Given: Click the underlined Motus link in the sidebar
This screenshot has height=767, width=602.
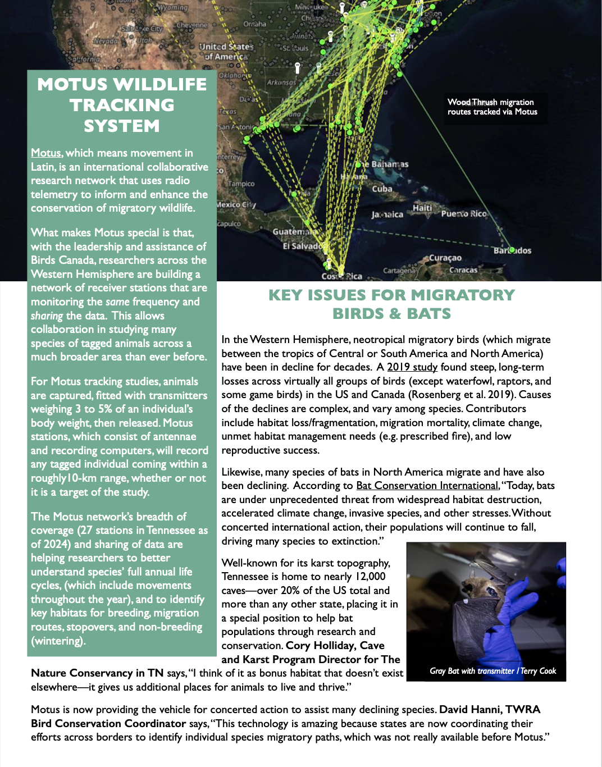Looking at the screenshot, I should click(46, 153).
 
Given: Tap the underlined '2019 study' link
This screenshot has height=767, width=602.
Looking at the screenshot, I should click(412, 367).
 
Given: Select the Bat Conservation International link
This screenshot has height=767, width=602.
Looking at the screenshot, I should click(427, 486).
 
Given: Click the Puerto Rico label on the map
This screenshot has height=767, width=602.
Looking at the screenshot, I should click(464, 214).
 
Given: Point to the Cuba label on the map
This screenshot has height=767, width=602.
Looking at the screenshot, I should click(382, 189).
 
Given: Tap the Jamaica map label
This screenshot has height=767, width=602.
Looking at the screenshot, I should click(387, 214).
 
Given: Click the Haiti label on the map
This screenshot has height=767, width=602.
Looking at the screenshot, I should click(422, 208).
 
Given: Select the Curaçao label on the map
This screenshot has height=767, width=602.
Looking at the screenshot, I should click(445, 258).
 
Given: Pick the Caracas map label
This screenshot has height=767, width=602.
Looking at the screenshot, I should click(463, 270).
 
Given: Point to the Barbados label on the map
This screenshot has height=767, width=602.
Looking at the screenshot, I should click(512, 250).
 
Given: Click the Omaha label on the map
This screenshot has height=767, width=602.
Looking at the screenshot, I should click(254, 24).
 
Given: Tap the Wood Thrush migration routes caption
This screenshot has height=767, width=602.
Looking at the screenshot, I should click(492, 107).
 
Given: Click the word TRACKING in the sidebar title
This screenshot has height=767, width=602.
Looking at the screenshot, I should click(122, 105).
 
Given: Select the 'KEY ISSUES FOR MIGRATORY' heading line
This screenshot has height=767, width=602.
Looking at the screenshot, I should click(391, 295).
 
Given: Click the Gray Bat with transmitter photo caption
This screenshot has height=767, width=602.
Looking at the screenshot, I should click(492, 671).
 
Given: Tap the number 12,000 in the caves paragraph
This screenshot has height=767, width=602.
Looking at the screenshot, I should click(370, 577).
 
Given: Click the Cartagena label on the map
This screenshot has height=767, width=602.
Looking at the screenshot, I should click(399, 271).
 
